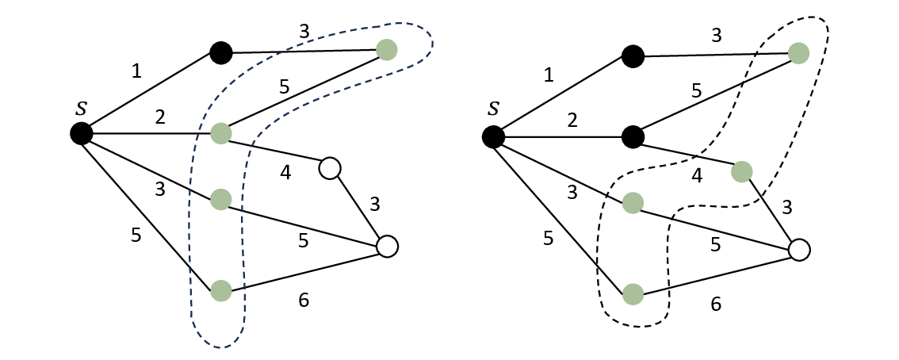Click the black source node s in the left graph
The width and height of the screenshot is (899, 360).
80,133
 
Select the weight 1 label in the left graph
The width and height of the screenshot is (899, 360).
136,71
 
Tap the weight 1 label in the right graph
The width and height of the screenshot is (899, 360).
549,75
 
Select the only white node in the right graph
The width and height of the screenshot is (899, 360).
799,251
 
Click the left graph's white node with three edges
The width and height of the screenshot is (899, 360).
386,246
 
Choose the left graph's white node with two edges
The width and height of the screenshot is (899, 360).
329,168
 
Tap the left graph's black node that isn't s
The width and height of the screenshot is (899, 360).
220,53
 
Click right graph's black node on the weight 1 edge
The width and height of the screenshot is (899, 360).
633,56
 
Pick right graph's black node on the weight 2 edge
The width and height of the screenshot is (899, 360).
633,137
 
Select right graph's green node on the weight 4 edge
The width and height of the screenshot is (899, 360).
742,170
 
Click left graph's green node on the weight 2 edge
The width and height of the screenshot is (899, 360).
220,132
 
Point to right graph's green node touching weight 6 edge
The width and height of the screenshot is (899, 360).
633,294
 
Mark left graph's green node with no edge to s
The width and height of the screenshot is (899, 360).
386,49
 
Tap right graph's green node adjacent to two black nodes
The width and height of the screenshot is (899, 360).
798,53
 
